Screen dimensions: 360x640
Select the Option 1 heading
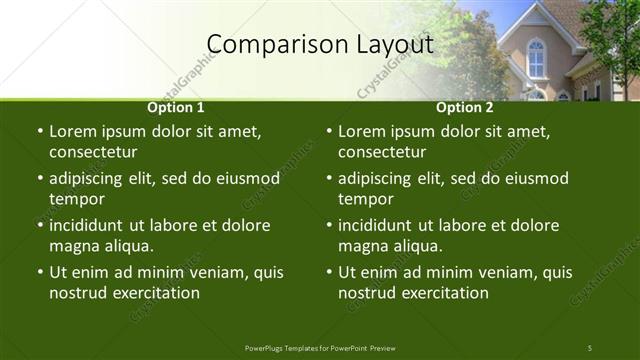176,107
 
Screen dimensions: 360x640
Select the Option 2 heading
465,107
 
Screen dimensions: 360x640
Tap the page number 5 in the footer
590,348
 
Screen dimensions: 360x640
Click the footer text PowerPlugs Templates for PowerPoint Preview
320,348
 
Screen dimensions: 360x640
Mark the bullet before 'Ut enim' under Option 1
40,272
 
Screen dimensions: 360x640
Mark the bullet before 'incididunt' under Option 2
329,225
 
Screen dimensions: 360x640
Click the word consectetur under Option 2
381,152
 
